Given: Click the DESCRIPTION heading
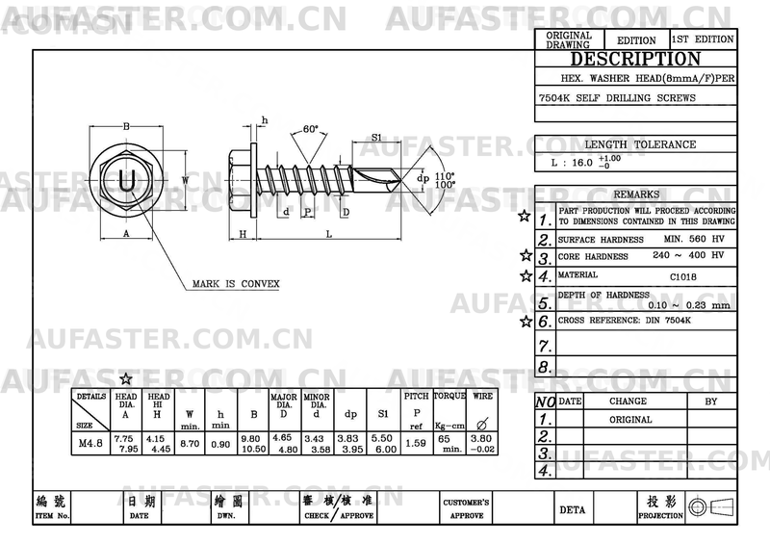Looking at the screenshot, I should click(x=635, y=59).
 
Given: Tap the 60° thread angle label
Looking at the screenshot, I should click(x=309, y=129).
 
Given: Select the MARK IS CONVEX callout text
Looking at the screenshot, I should click(x=236, y=284).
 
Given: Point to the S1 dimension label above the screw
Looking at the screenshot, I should click(x=377, y=138).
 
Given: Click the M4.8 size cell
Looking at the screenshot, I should click(x=90, y=444).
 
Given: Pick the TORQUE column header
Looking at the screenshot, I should click(x=449, y=397).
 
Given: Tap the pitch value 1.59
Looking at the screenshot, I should click(x=417, y=444).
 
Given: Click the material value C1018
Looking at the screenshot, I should click(x=683, y=276).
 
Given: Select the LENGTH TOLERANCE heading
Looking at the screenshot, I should click(x=640, y=144).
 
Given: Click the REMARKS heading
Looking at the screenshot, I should click(x=636, y=194).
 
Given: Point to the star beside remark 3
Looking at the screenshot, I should click(x=526, y=256).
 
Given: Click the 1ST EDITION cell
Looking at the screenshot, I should click(x=703, y=39).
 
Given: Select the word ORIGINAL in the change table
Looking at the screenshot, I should click(x=630, y=420).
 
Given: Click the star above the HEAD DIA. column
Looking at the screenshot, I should click(x=126, y=379).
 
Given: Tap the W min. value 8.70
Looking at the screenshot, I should click(x=190, y=444).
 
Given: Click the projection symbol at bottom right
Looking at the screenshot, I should click(x=712, y=508).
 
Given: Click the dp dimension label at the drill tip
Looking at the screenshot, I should click(x=422, y=178).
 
